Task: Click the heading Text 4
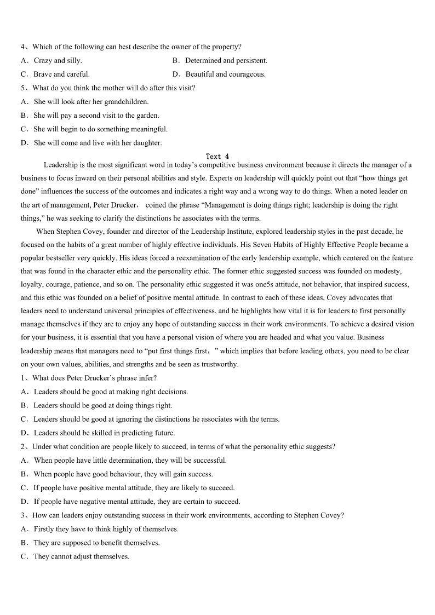coord(218,157)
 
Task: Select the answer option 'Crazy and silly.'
coord(58,61)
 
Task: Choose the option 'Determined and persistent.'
coord(226,61)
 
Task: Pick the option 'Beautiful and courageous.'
coord(225,74)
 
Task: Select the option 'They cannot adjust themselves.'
coord(81,556)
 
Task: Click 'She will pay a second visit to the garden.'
coord(96,116)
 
